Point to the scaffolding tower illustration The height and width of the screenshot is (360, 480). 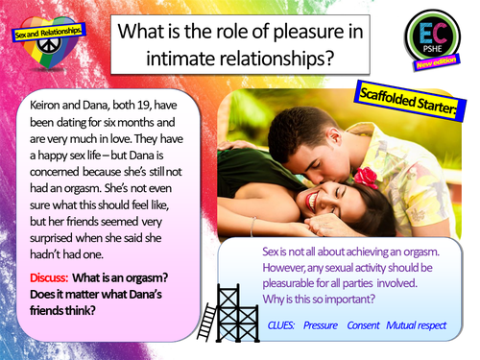click(213, 307)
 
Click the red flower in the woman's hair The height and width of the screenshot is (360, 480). click(362, 176)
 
